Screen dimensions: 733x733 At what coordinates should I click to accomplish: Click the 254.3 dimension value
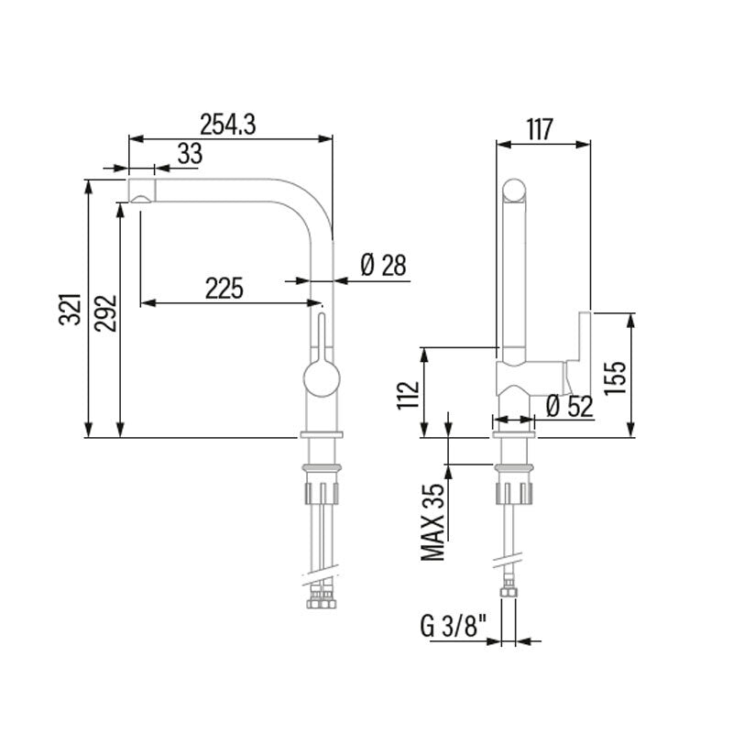click(227, 125)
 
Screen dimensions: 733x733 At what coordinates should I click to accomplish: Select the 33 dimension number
click(190, 153)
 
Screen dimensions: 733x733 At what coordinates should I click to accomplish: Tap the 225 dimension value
click(224, 288)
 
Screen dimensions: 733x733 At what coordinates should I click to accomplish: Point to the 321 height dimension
click(71, 309)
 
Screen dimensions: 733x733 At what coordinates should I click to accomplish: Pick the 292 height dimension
click(105, 313)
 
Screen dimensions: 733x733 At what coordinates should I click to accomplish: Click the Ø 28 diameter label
click(383, 265)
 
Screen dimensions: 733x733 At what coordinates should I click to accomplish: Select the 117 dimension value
click(540, 129)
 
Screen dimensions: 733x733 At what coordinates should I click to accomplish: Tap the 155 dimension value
click(615, 377)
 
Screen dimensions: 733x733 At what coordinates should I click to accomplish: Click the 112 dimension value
click(408, 396)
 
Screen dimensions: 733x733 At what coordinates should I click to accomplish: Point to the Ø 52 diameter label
click(569, 406)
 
